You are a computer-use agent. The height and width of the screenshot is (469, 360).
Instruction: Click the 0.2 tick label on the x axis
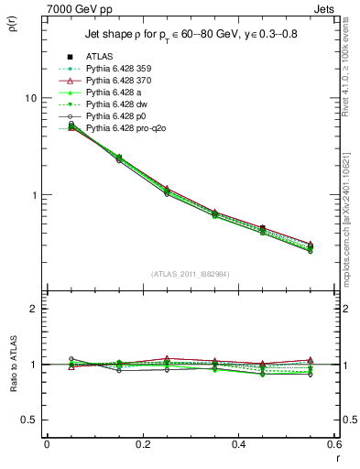click(142, 443)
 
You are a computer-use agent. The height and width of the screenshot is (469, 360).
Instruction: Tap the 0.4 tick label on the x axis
click(238, 443)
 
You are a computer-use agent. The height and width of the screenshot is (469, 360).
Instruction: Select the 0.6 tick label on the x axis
click(333, 443)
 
